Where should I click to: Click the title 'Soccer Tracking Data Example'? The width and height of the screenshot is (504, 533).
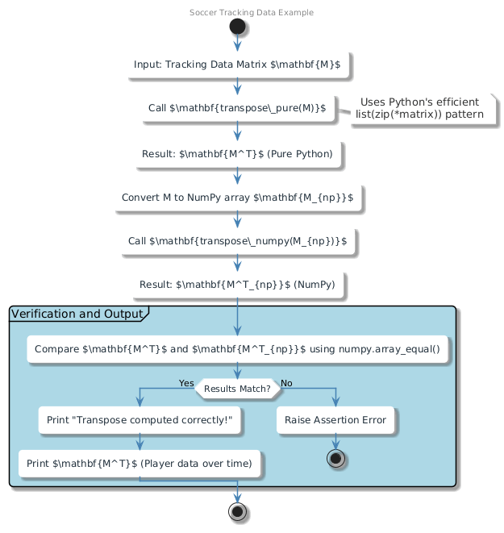coord(252,13)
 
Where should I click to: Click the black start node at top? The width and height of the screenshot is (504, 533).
coord(237,27)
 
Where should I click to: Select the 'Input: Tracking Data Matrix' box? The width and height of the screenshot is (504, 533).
coord(237,65)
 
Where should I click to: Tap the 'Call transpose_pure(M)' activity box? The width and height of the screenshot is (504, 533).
coord(237,108)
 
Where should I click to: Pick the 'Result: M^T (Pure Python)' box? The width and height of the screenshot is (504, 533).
coord(237,154)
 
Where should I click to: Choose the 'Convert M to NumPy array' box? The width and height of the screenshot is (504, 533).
coord(237,198)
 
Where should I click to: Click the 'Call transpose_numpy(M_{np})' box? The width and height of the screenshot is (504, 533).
coord(237,241)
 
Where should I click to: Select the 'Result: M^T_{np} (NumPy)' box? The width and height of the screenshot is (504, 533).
coord(237,285)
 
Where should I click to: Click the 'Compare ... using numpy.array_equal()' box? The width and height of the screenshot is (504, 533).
coord(237,349)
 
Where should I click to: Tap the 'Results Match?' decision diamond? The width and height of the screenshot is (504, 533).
coord(237,389)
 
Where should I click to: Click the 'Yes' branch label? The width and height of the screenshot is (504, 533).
coord(186,383)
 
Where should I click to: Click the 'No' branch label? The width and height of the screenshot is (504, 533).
coord(286,383)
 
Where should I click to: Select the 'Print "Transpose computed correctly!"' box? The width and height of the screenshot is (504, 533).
coord(140,420)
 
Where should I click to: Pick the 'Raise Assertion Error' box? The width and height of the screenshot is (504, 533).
coord(335,420)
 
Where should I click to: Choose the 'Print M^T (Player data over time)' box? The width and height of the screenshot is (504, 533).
coord(140,464)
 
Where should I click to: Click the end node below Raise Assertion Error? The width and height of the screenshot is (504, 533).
coord(335,458)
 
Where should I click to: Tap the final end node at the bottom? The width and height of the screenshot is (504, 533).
coord(237,512)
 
